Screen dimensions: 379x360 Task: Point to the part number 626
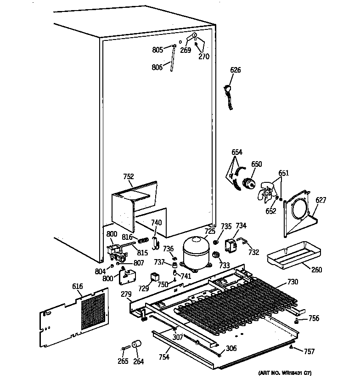click(x=236, y=70)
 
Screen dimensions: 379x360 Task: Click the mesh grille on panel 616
click(x=94, y=311)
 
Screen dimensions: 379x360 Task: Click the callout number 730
click(x=293, y=282)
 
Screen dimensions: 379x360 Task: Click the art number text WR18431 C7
click(x=288, y=373)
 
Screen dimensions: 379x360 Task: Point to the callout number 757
click(x=309, y=351)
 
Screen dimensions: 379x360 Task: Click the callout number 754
click(x=163, y=357)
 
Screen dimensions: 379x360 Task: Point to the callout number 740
click(x=157, y=223)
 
